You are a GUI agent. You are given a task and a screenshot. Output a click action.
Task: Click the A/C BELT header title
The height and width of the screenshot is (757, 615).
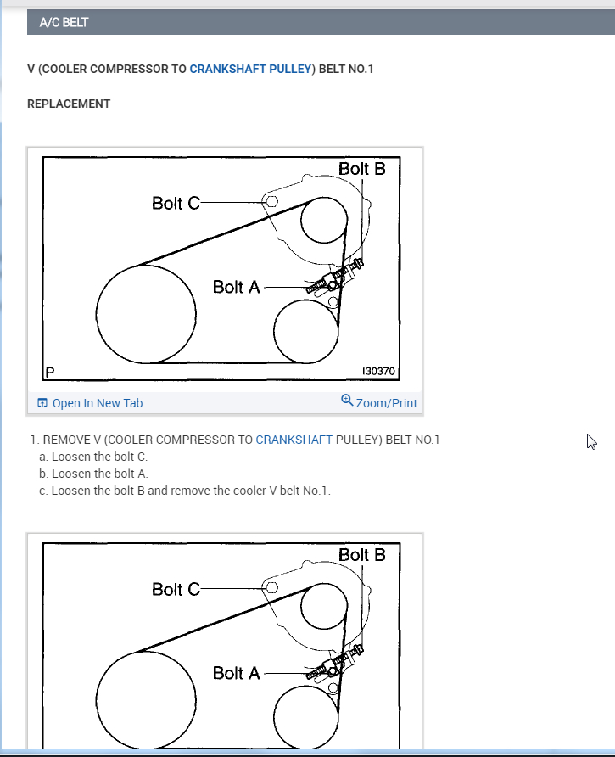(x=64, y=23)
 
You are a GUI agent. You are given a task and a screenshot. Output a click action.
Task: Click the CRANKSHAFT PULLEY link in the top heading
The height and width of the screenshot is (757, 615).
(x=250, y=69)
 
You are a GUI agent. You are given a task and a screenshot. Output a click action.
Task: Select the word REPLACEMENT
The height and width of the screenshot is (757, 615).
(x=69, y=104)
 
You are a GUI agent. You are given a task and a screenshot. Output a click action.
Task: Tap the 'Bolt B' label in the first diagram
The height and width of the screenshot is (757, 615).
(x=361, y=169)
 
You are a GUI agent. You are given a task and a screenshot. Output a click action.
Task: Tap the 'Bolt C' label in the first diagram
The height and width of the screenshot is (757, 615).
(x=176, y=204)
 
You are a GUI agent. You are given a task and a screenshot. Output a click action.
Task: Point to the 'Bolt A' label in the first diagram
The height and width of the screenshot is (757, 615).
(x=236, y=287)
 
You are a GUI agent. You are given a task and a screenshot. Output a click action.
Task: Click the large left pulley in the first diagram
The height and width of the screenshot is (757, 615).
(x=147, y=312)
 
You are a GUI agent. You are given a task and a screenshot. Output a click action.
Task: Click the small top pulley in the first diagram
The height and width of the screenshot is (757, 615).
(x=322, y=221)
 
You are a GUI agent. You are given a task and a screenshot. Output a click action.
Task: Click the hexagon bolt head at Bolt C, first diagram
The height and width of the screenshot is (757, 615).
(x=271, y=202)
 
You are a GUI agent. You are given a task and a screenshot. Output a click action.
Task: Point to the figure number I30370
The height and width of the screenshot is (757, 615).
(x=379, y=372)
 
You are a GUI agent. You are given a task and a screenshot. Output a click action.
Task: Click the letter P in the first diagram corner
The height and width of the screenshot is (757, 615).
(x=50, y=371)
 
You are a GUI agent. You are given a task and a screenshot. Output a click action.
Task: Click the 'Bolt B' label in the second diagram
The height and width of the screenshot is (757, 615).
(x=361, y=555)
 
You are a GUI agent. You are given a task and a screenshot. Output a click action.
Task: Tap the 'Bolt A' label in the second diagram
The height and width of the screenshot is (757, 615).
(x=236, y=673)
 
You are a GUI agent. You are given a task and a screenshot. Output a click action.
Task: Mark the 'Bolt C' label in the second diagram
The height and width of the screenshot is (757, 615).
(x=176, y=589)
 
